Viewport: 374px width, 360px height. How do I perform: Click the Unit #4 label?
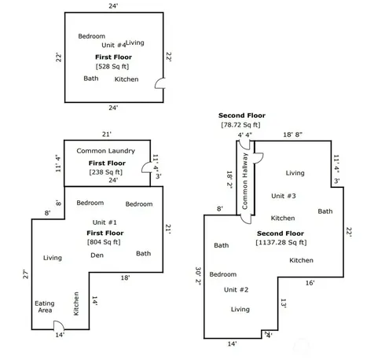pyautogui.click(x=113, y=45)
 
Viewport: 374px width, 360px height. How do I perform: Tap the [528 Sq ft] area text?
pyautogui.click(x=112, y=67)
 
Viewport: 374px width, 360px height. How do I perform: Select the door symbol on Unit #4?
pyautogui.click(x=159, y=83)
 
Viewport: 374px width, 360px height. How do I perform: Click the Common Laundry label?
pyautogui.click(x=106, y=151)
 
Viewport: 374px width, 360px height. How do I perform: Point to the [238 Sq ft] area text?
pyautogui.click(x=106, y=172)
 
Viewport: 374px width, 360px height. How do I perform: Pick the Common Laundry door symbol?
pyautogui.click(x=146, y=167)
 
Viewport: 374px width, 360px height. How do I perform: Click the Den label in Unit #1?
pyautogui.click(x=97, y=255)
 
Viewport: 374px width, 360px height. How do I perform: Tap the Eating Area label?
pyautogui.click(x=45, y=307)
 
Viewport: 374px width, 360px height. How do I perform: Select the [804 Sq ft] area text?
pyautogui.click(x=104, y=242)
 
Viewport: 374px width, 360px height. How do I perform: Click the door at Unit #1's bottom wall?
pyautogui.click(x=59, y=325)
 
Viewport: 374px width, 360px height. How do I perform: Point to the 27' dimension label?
pyautogui.click(x=25, y=274)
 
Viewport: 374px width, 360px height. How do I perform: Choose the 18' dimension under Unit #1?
pyautogui.click(x=125, y=277)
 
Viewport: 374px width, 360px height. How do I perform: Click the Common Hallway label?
pyautogui.click(x=245, y=182)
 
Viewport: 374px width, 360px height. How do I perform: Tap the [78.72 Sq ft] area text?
pyautogui.click(x=241, y=125)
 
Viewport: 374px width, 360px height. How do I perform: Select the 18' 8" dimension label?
pyautogui.click(x=292, y=134)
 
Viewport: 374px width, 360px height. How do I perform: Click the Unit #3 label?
pyautogui.click(x=284, y=196)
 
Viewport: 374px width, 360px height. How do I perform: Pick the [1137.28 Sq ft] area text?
pyautogui.click(x=281, y=242)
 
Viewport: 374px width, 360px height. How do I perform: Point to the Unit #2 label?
pyautogui.click(x=236, y=290)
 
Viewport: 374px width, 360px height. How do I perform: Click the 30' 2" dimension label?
pyautogui.click(x=198, y=276)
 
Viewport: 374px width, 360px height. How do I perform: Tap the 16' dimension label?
pyautogui.click(x=310, y=283)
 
